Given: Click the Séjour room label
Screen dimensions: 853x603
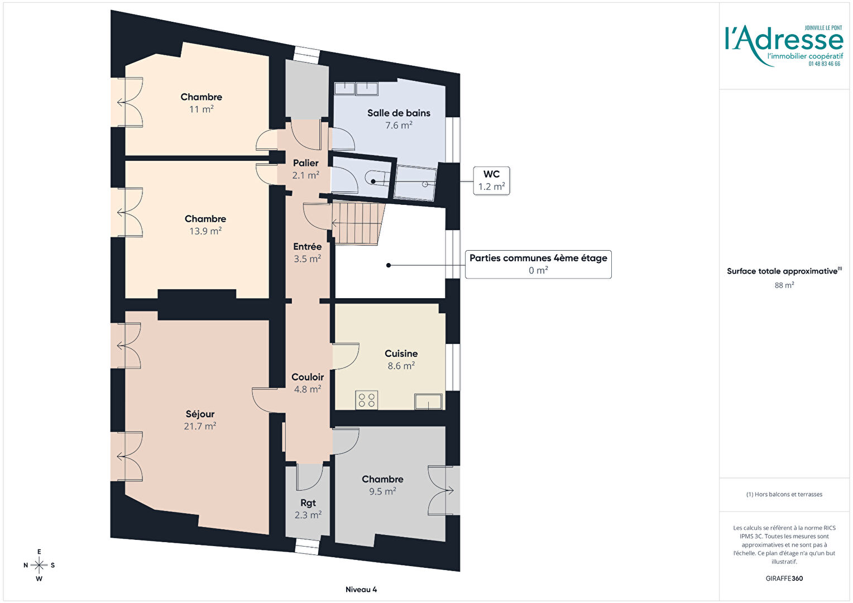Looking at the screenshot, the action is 200,419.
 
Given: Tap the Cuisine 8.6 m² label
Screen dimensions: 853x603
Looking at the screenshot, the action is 401,359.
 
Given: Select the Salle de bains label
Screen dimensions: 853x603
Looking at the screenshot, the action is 399,113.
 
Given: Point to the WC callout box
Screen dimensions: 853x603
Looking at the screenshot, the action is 491,180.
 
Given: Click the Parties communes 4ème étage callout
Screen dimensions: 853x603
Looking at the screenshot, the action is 538,264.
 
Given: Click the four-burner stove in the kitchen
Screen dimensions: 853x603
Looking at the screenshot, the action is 367,400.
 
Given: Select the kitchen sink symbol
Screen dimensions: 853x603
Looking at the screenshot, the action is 428,401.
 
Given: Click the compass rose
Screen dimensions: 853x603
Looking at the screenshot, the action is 39,565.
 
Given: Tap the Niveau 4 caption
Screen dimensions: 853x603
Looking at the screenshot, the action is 361,589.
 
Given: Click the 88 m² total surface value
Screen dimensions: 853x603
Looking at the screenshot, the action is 784,285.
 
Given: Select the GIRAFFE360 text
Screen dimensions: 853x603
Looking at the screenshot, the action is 784,578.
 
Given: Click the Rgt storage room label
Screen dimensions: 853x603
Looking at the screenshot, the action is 308,509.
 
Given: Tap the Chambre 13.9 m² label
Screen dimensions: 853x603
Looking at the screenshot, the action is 205,225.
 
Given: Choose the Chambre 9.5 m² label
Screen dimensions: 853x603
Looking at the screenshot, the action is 382,485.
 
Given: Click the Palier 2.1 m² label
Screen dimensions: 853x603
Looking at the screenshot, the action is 306,169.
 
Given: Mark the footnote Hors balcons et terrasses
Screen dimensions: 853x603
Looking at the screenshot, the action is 784,495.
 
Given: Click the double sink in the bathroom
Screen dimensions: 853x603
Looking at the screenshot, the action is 356,88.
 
